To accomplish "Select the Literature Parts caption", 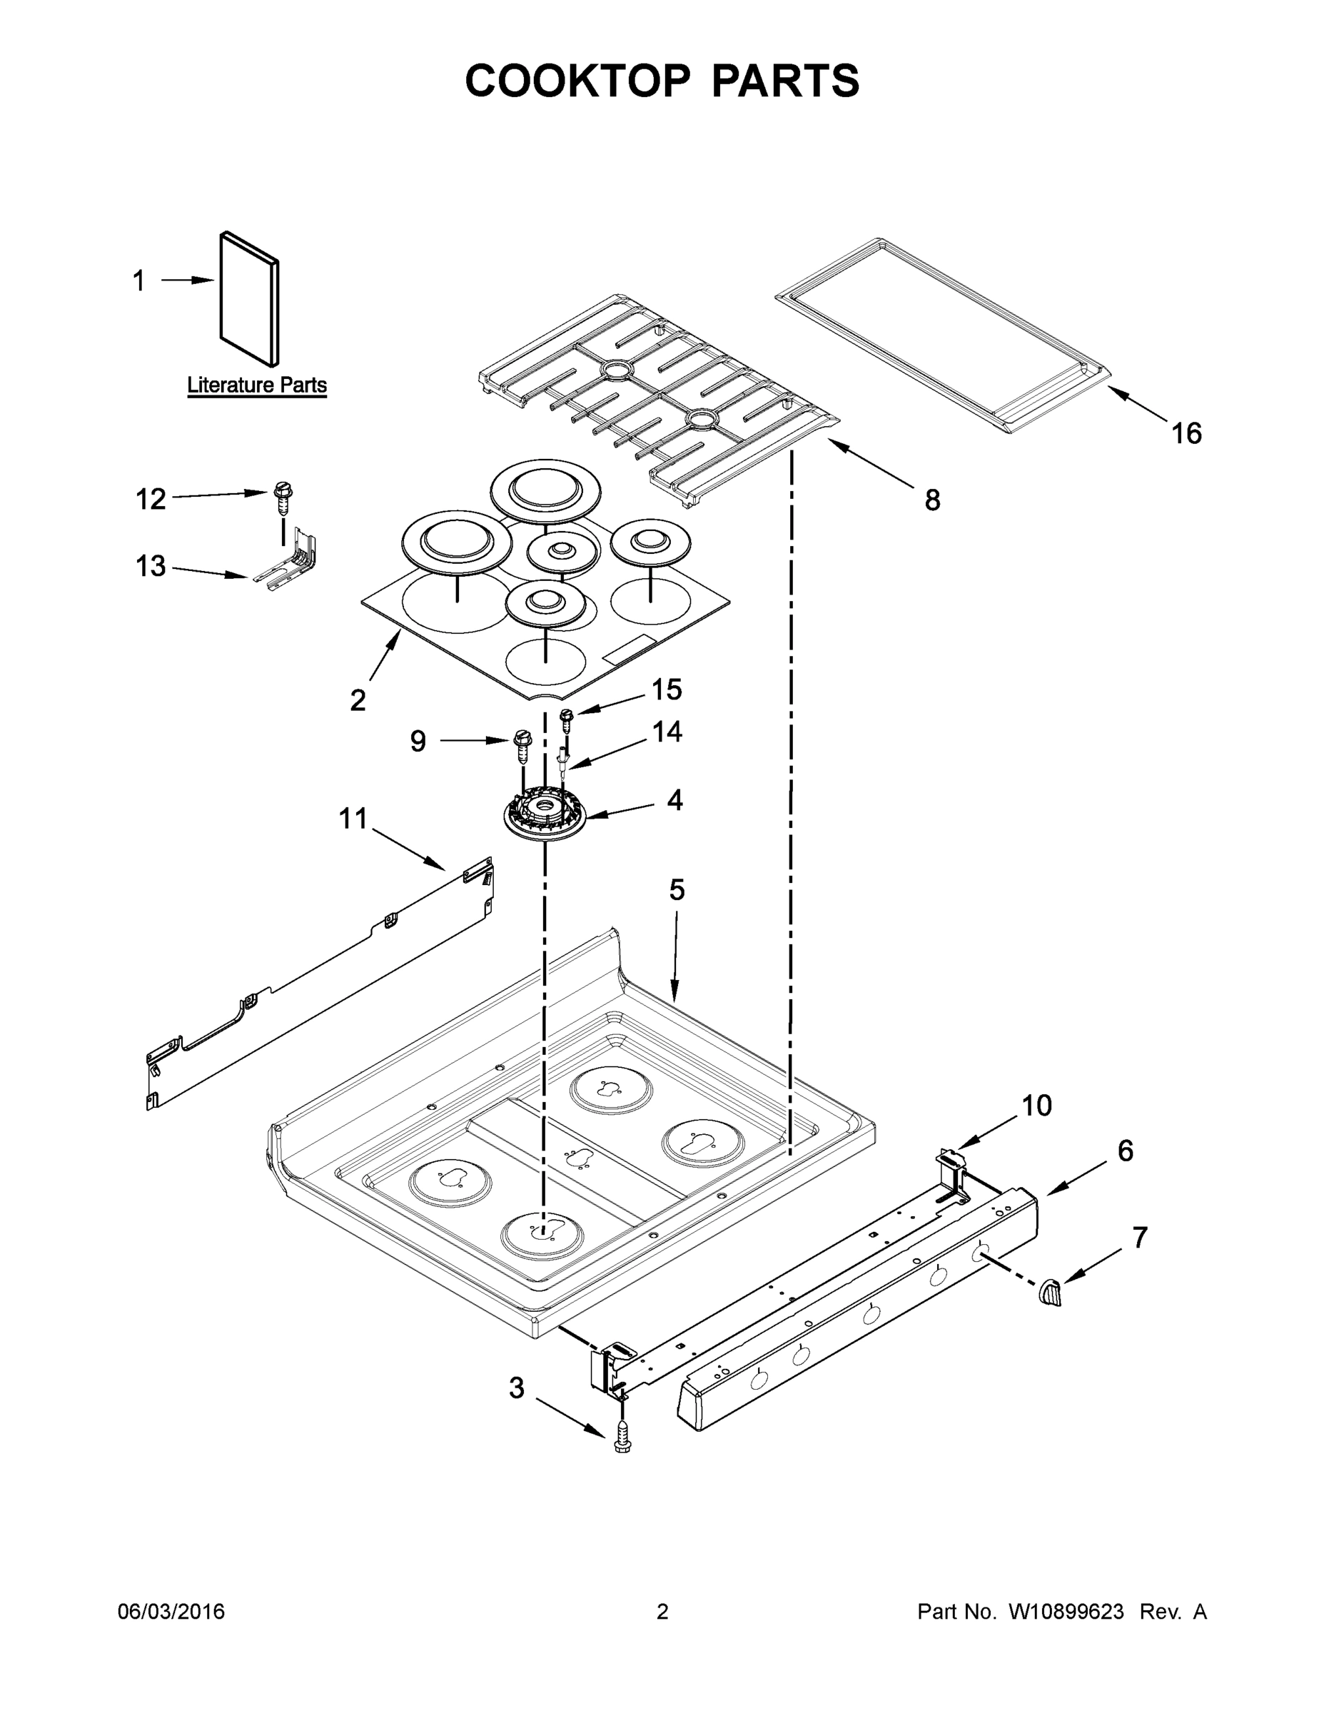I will click(x=256, y=385).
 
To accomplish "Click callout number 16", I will click(x=1186, y=433).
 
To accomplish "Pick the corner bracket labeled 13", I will click(x=294, y=561).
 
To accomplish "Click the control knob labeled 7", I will click(x=1048, y=1292).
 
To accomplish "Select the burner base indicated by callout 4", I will click(x=545, y=817).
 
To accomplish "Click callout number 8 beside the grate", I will click(x=932, y=500).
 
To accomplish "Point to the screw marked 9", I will click(x=522, y=745).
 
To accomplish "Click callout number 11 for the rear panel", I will click(x=353, y=819).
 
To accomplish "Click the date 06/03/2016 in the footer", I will click(x=171, y=1612).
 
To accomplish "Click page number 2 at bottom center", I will click(x=662, y=1612).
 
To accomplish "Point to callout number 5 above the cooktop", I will click(x=676, y=889).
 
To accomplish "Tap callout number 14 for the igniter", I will click(x=667, y=732).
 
